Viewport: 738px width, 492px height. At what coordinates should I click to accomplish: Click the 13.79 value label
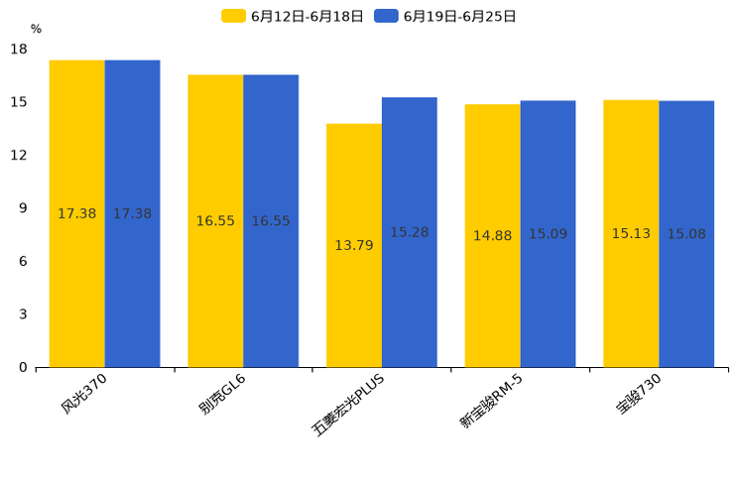click(354, 245)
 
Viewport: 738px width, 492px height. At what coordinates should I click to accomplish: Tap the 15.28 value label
click(410, 232)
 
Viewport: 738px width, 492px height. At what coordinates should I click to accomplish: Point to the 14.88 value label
click(493, 236)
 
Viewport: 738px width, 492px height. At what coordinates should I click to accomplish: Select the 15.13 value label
click(631, 234)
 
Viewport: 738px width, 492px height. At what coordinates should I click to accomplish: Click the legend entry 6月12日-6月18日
click(293, 16)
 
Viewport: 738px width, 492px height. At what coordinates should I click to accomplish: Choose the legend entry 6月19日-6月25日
click(445, 16)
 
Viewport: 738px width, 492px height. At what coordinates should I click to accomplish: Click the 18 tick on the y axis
click(19, 50)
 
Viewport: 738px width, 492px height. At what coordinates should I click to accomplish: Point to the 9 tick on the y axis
click(23, 208)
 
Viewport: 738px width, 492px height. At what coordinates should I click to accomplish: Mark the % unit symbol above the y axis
click(36, 30)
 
